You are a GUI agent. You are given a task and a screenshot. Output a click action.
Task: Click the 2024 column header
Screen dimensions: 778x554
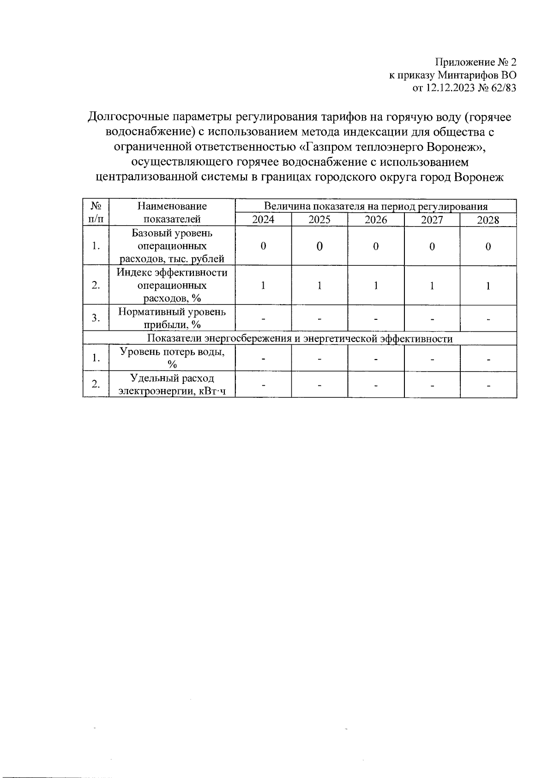pos(263,220)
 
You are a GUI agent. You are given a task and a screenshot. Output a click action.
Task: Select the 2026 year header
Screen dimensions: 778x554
pos(376,220)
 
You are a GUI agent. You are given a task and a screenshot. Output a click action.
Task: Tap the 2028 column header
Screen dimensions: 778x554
pos(488,220)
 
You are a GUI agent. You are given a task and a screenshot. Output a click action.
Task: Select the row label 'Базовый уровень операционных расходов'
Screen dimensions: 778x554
pos(172,246)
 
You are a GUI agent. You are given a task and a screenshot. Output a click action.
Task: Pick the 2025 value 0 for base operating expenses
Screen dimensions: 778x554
pos(319,246)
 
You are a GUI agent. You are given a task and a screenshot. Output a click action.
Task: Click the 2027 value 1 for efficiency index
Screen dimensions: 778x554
pos(432,286)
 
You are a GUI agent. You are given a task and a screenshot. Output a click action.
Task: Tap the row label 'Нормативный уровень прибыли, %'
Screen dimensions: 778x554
pos(172,318)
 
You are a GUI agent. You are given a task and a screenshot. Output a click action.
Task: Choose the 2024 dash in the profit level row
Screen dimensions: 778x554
pos(263,319)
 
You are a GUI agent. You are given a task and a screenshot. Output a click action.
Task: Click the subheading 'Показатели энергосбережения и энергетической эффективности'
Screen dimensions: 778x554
pos(300,339)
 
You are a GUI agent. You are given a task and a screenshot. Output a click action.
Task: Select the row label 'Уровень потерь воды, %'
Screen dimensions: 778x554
pos(172,358)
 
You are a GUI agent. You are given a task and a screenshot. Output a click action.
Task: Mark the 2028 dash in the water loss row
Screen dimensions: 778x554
pos(488,359)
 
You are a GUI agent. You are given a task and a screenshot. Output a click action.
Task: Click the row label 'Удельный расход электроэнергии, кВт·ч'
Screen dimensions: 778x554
pos(172,385)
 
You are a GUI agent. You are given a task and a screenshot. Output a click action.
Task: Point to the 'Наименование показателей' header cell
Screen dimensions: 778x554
pos(172,212)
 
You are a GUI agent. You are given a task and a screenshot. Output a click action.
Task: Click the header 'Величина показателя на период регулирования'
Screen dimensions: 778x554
pos(376,206)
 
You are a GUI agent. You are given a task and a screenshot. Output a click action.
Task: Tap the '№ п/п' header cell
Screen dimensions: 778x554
pos(96,212)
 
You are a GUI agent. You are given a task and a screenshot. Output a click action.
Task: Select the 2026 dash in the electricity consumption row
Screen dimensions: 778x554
pos(376,385)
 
